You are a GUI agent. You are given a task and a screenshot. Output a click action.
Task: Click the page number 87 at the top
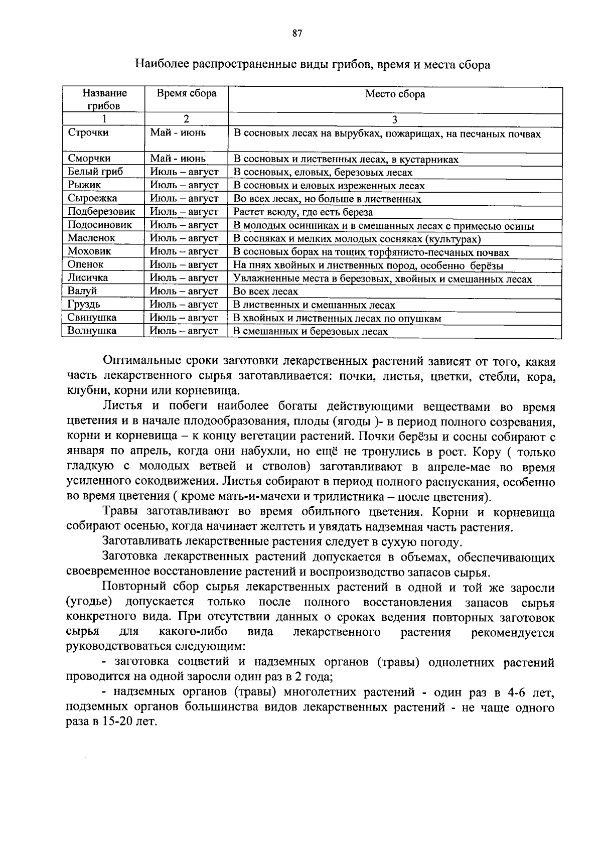click(296, 34)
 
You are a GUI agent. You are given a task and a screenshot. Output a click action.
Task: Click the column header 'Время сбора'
click(186, 93)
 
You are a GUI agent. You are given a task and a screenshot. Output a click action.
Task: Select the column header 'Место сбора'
click(395, 94)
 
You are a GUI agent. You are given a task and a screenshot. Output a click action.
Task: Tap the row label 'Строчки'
click(88, 133)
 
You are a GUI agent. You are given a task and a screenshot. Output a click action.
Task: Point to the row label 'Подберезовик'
click(101, 211)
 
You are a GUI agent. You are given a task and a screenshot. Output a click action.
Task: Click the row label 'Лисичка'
click(88, 277)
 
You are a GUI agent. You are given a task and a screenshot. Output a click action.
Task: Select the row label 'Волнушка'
click(92, 331)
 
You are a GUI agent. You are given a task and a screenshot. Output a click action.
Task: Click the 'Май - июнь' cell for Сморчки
click(178, 159)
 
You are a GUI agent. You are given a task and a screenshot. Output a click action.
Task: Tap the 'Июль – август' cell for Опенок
click(184, 264)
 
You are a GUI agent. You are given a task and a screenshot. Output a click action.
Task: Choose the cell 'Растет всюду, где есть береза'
click(304, 212)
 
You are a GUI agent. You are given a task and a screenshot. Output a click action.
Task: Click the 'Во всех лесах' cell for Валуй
click(266, 292)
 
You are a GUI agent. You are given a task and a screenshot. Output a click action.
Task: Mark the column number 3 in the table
click(394, 119)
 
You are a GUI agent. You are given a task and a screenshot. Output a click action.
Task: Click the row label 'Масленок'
click(92, 238)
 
